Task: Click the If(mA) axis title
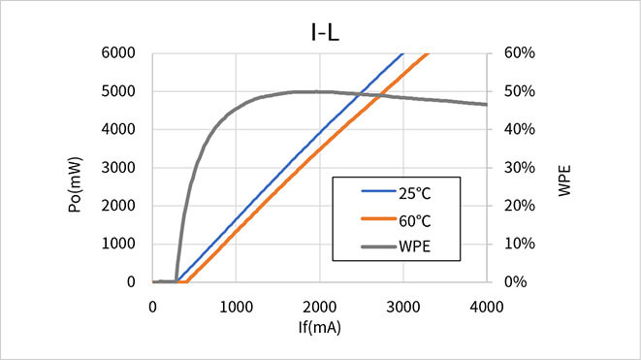(x=319, y=328)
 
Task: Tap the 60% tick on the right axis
(x=521, y=52)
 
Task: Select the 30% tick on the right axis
(x=521, y=168)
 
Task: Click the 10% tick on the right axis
(x=521, y=245)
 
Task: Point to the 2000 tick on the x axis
(x=319, y=306)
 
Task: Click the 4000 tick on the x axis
(x=486, y=306)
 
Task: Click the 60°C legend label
(x=414, y=220)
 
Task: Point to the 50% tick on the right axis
(x=521, y=91)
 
